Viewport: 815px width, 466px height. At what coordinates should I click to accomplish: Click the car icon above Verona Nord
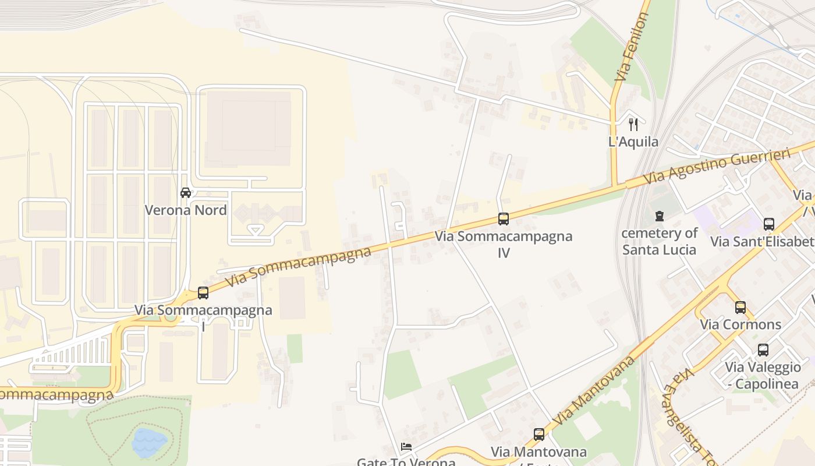pyautogui.click(x=186, y=193)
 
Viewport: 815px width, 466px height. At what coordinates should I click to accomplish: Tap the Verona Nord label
pyautogui.click(x=186, y=210)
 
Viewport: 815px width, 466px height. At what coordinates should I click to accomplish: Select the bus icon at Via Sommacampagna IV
pyautogui.click(x=504, y=219)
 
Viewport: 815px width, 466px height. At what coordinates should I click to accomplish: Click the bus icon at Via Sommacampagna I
pyautogui.click(x=203, y=293)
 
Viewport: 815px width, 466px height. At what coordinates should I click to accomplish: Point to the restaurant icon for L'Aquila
pyautogui.click(x=633, y=124)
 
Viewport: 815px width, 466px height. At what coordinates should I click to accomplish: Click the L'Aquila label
pyautogui.click(x=633, y=142)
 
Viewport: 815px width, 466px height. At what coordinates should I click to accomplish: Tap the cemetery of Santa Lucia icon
pyautogui.click(x=660, y=216)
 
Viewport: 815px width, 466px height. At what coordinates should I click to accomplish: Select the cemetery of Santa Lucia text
pyautogui.click(x=660, y=241)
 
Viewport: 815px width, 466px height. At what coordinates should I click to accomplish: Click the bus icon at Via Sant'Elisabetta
pyautogui.click(x=769, y=224)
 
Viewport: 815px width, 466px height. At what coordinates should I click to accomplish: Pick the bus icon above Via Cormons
pyautogui.click(x=740, y=307)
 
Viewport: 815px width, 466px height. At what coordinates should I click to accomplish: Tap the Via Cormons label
pyautogui.click(x=740, y=324)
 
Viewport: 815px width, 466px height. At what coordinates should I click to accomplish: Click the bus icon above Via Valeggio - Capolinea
pyautogui.click(x=763, y=350)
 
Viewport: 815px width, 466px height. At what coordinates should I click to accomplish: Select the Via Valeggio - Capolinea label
pyautogui.click(x=763, y=376)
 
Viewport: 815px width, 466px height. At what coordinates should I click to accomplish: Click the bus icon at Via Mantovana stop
pyautogui.click(x=539, y=435)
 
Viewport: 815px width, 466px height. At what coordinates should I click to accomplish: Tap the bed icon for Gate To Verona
pyautogui.click(x=406, y=447)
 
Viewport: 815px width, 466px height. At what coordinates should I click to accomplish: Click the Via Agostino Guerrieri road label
pyautogui.click(x=717, y=166)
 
